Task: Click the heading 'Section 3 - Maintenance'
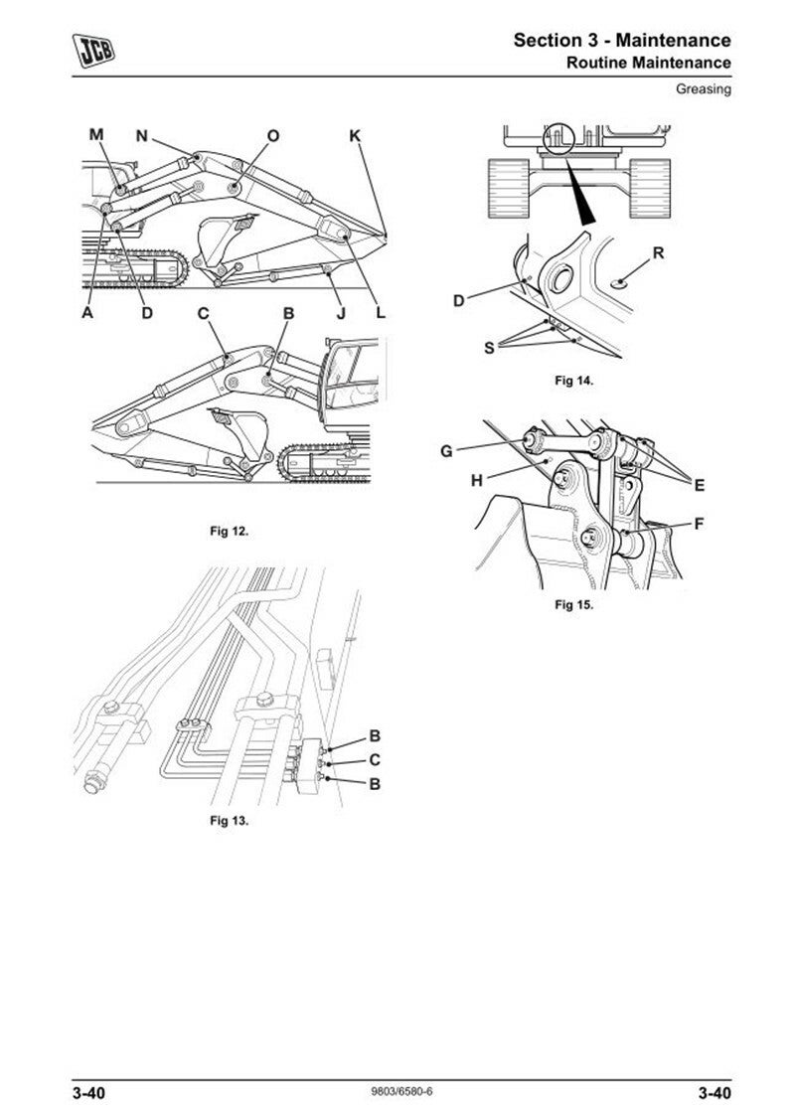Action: coord(622,41)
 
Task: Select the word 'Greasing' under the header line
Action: coord(704,89)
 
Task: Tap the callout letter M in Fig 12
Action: coord(96,134)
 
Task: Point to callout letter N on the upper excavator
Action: coord(142,135)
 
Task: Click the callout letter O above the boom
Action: coord(273,135)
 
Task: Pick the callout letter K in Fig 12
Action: coord(355,135)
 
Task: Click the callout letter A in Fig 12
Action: coord(87,313)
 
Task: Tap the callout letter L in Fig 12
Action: coord(380,313)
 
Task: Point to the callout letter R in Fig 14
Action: coord(658,253)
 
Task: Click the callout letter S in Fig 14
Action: coord(488,347)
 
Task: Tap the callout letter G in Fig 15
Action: coord(446,451)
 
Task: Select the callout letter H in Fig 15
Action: coord(477,480)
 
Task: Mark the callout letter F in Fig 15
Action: coord(699,523)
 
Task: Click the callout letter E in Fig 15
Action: coord(700,485)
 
